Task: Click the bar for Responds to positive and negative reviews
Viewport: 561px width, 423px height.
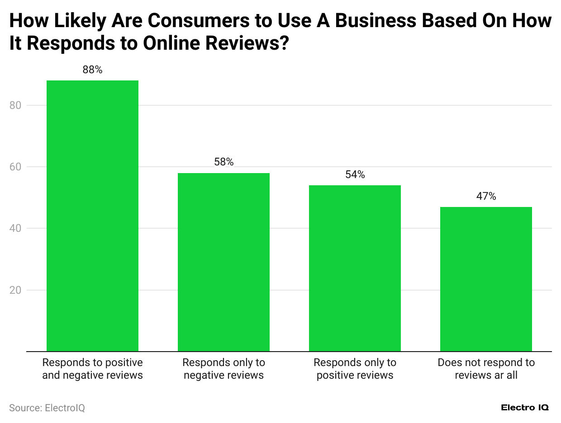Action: pyautogui.click(x=92, y=216)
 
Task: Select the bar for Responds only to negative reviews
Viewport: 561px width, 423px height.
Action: pyautogui.click(x=223, y=262)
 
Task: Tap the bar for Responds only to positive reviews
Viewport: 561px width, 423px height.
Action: pyautogui.click(x=355, y=268)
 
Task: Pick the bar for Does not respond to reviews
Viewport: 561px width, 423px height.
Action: pyautogui.click(x=486, y=279)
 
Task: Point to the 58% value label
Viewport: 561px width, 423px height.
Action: pyautogui.click(x=223, y=162)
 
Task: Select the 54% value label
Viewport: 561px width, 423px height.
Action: pyautogui.click(x=355, y=174)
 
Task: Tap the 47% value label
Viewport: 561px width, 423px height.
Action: pyautogui.click(x=486, y=196)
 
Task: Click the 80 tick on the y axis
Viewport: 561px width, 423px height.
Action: pyautogui.click(x=15, y=105)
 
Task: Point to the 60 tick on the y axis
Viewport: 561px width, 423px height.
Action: pyautogui.click(x=15, y=167)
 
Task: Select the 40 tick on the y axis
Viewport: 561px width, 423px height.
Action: pyautogui.click(x=15, y=228)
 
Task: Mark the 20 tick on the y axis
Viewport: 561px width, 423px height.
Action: pyautogui.click(x=15, y=290)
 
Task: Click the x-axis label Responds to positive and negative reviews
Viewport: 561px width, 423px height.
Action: pyautogui.click(x=92, y=369)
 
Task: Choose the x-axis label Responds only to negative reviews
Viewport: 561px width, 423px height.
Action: pyautogui.click(x=223, y=369)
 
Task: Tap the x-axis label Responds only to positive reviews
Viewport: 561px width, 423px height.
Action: pyautogui.click(x=355, y=369)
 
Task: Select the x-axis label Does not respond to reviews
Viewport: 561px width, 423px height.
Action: pyautogui.click(x=486, y=369)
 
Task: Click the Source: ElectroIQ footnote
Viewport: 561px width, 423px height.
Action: pyautogui.click(x=47, y=408)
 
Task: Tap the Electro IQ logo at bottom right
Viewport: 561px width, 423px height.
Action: pyautogui.click(x=525, y=408)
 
